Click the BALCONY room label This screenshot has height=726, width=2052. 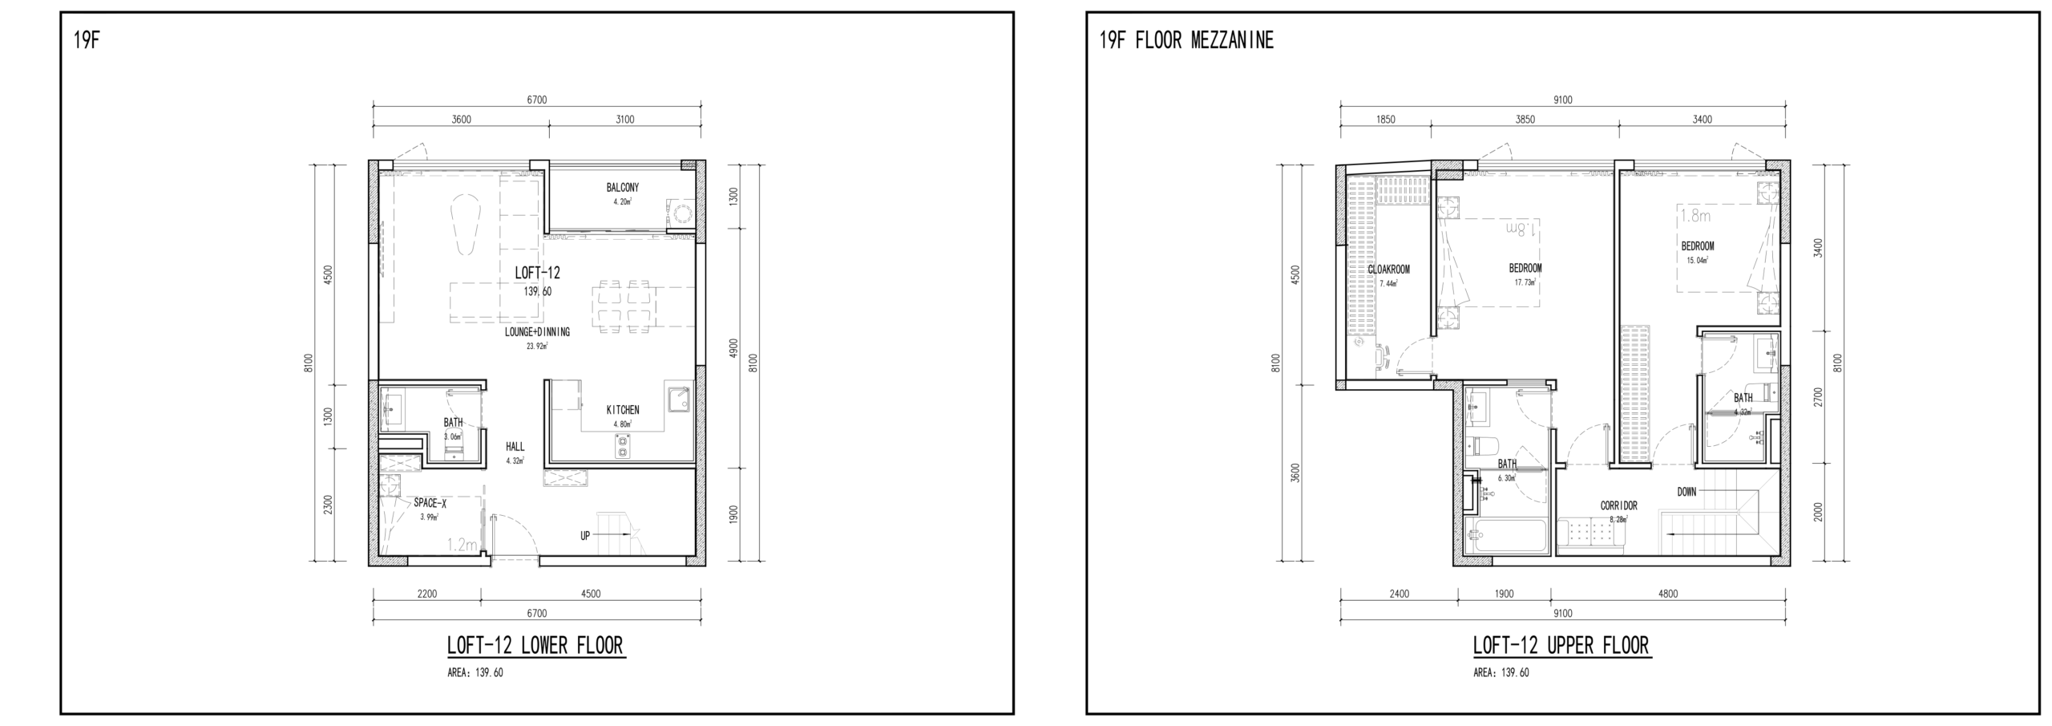coord(622,188)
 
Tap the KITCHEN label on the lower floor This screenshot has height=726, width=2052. coord(622,410)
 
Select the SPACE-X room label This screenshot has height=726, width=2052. coord(430,503)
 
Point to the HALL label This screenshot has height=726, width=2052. coord(515,447)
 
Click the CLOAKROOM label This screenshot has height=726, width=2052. coord(1388,270)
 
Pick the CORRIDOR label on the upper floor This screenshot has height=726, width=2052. coord(1618,506)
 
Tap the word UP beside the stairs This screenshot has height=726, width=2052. coord(585,535)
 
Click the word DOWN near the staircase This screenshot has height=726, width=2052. coord(1686,492)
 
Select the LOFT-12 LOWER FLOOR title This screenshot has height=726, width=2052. coord(535,645)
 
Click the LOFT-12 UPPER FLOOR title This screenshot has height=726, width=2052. coord(1561,645)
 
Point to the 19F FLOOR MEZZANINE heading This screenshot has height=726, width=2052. coord(1186,40)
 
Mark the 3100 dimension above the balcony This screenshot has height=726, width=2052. coord(624,120)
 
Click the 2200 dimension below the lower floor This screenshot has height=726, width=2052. coord(427,594)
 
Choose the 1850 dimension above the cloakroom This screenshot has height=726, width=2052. coord(1386,120)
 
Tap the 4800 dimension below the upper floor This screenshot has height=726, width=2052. coord(1668,594)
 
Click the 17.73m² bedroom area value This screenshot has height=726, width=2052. coord(1525,282)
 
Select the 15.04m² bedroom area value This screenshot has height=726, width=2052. coord(1697,260)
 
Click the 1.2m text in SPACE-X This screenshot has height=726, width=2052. coord(463,546)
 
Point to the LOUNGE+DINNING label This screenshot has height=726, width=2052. coord(537,332)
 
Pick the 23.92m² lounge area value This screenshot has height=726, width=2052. coord(537,347)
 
